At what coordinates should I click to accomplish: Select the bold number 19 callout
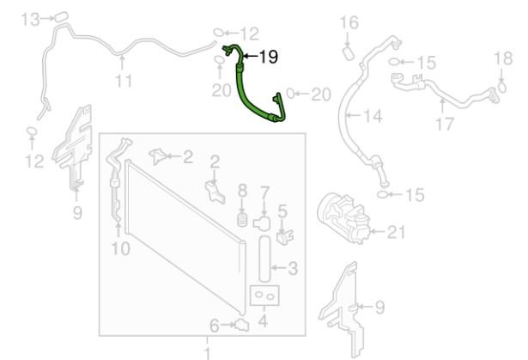269,57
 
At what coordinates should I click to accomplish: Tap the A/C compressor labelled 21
343,217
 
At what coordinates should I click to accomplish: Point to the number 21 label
396,232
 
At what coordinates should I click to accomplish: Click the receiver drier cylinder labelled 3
264,259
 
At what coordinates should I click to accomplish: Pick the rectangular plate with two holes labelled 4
264,296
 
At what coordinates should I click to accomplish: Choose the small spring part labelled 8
242,220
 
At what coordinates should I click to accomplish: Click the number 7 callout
265,193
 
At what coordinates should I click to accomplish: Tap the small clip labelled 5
285,236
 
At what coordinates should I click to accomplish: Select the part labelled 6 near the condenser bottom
242,326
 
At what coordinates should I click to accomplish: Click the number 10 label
120,249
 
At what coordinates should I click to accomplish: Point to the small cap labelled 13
61,16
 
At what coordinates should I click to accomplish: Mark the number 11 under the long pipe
124,81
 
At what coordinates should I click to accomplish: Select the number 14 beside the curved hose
373,116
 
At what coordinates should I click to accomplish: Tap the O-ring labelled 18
501,88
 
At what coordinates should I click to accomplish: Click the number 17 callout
445,124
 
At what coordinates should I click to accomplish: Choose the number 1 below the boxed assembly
207,353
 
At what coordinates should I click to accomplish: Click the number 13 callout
30,19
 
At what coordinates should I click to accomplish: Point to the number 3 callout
293,268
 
